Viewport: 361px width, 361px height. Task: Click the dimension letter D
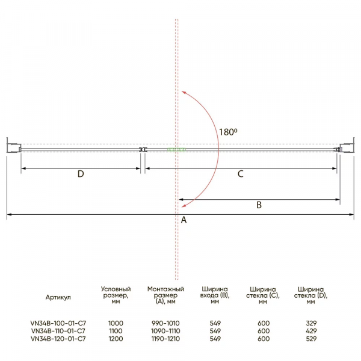point(81,174)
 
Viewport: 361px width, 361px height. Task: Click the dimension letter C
point(240,174)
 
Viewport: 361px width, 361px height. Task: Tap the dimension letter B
point(259,205)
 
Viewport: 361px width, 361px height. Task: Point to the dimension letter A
point(184,220)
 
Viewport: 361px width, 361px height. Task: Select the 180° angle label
point(228,132)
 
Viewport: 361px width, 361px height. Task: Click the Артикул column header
point(58,297)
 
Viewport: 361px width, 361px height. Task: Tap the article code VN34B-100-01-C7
point(58,323)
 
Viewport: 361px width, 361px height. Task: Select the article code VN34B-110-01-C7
point(58,331)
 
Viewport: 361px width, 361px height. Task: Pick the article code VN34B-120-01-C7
point(58,339)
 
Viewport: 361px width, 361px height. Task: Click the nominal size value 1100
point(116,331)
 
